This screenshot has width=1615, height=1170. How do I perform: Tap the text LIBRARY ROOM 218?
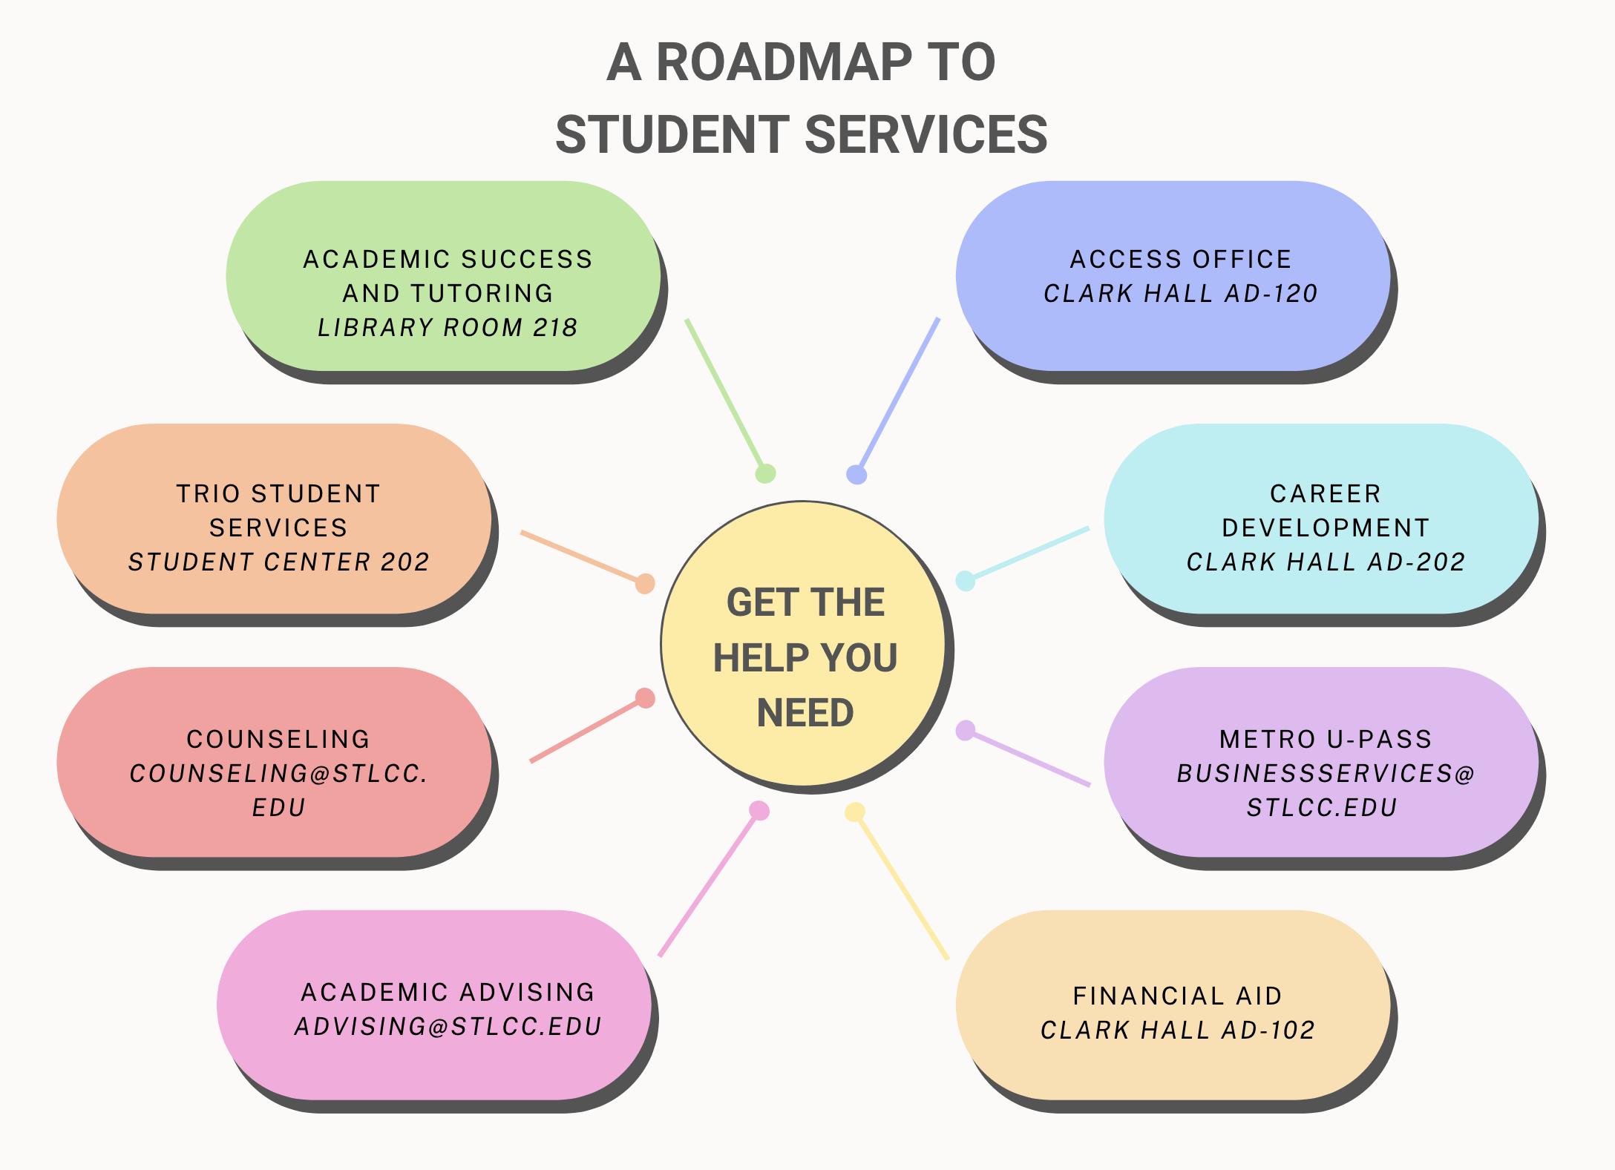[448, 327]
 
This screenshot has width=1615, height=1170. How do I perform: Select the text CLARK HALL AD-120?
[1180, 294]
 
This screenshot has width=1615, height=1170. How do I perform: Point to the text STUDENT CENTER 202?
[278, 562]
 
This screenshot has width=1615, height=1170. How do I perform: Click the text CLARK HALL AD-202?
[1326, 562]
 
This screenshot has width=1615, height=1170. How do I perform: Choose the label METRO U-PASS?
[1326, 739]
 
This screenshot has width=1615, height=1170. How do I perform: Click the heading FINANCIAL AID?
[1178, 996]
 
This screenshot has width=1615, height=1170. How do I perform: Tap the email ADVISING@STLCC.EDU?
[448, 1026]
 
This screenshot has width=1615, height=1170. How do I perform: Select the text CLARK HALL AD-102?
[1178, 1030]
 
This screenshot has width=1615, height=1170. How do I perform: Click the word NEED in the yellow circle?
[805, 712]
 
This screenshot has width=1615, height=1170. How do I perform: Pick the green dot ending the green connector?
[765, 473]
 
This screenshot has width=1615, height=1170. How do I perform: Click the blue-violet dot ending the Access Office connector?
[856, 474]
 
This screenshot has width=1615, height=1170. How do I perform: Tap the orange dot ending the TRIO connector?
[645, 583]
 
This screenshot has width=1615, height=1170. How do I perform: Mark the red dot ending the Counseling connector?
[645, 698]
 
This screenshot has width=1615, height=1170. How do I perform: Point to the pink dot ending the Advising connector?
[759, 810]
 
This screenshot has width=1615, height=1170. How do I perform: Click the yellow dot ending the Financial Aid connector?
[855, 812]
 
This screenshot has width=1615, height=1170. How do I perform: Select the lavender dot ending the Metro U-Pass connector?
[965, 731]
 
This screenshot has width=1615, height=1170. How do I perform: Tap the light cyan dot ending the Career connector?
[965, 580]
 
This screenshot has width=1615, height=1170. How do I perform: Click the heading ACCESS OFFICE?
[1180, 259]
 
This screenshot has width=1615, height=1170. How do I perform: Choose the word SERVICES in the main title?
[926, 135]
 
